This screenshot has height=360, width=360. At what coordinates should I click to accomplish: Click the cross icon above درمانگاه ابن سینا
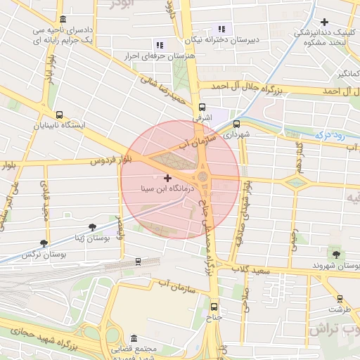167,178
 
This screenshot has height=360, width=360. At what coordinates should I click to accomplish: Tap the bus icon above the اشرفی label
202,108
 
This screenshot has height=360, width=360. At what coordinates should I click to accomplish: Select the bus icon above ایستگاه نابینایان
58,115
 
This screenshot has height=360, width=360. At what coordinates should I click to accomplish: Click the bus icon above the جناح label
214,307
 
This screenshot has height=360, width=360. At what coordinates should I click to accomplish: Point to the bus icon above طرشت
340,298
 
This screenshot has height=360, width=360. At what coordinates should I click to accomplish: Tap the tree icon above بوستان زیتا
93,226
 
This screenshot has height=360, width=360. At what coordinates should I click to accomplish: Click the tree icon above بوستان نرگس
44,243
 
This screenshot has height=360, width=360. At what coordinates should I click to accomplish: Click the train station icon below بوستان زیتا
138,262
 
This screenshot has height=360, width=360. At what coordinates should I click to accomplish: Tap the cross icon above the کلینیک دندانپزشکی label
324,22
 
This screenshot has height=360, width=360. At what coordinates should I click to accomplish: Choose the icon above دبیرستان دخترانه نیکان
222,30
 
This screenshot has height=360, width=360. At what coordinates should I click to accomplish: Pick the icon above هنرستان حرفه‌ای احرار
159,44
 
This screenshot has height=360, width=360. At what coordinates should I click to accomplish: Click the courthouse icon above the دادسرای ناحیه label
64,19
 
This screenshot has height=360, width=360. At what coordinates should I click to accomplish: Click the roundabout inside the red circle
203,176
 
